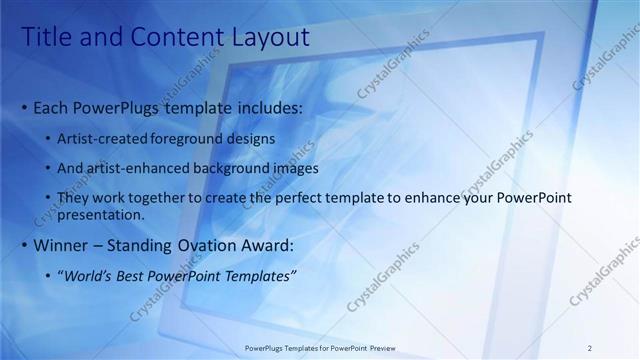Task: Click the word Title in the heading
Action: coord(46,39)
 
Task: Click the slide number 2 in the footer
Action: coord(590,348)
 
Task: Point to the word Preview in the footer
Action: coord(376,348)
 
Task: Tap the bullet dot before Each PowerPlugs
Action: coord(25,107)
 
